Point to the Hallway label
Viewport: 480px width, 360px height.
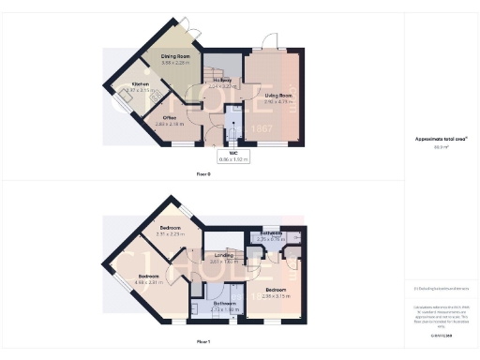pos(222,81)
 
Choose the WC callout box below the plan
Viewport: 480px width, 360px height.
pos(229,157)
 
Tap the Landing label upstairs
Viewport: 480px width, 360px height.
pos(224,256)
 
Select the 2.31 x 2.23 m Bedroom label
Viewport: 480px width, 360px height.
pos(170,231)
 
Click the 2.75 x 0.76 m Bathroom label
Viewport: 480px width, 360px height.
pos(271,235)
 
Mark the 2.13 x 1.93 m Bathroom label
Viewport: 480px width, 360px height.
pos(224,306)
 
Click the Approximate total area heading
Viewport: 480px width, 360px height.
pos(441,139)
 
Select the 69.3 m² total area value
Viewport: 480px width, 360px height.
pos(441,147)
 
